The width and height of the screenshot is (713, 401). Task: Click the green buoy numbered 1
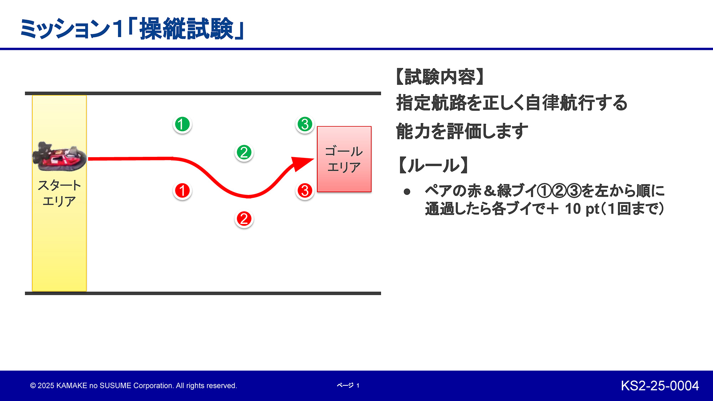[182, 124]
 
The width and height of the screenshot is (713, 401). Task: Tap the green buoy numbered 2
[244, 153]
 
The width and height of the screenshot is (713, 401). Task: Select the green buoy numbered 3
[305, 124]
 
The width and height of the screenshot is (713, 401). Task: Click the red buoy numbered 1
[182, 191]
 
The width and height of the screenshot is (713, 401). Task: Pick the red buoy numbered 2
[244, 219]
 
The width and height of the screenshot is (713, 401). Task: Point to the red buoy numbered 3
[305, 191]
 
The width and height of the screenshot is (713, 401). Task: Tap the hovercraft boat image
[60, 156]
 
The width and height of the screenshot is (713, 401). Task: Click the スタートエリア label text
[59, 193]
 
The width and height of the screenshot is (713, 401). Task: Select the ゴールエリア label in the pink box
[344, 159]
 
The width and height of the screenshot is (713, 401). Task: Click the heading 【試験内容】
[440, 77]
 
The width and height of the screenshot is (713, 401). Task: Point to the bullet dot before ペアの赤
[407, 192]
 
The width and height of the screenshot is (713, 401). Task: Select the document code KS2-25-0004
[660, 386]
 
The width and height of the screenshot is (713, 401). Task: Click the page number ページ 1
[348, 385]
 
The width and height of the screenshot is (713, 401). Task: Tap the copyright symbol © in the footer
[33, 386]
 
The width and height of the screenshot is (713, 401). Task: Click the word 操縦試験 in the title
[186, 29]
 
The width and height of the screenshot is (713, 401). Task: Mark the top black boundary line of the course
[203, 93]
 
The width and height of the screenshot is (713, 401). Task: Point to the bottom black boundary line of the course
[203, 293]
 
